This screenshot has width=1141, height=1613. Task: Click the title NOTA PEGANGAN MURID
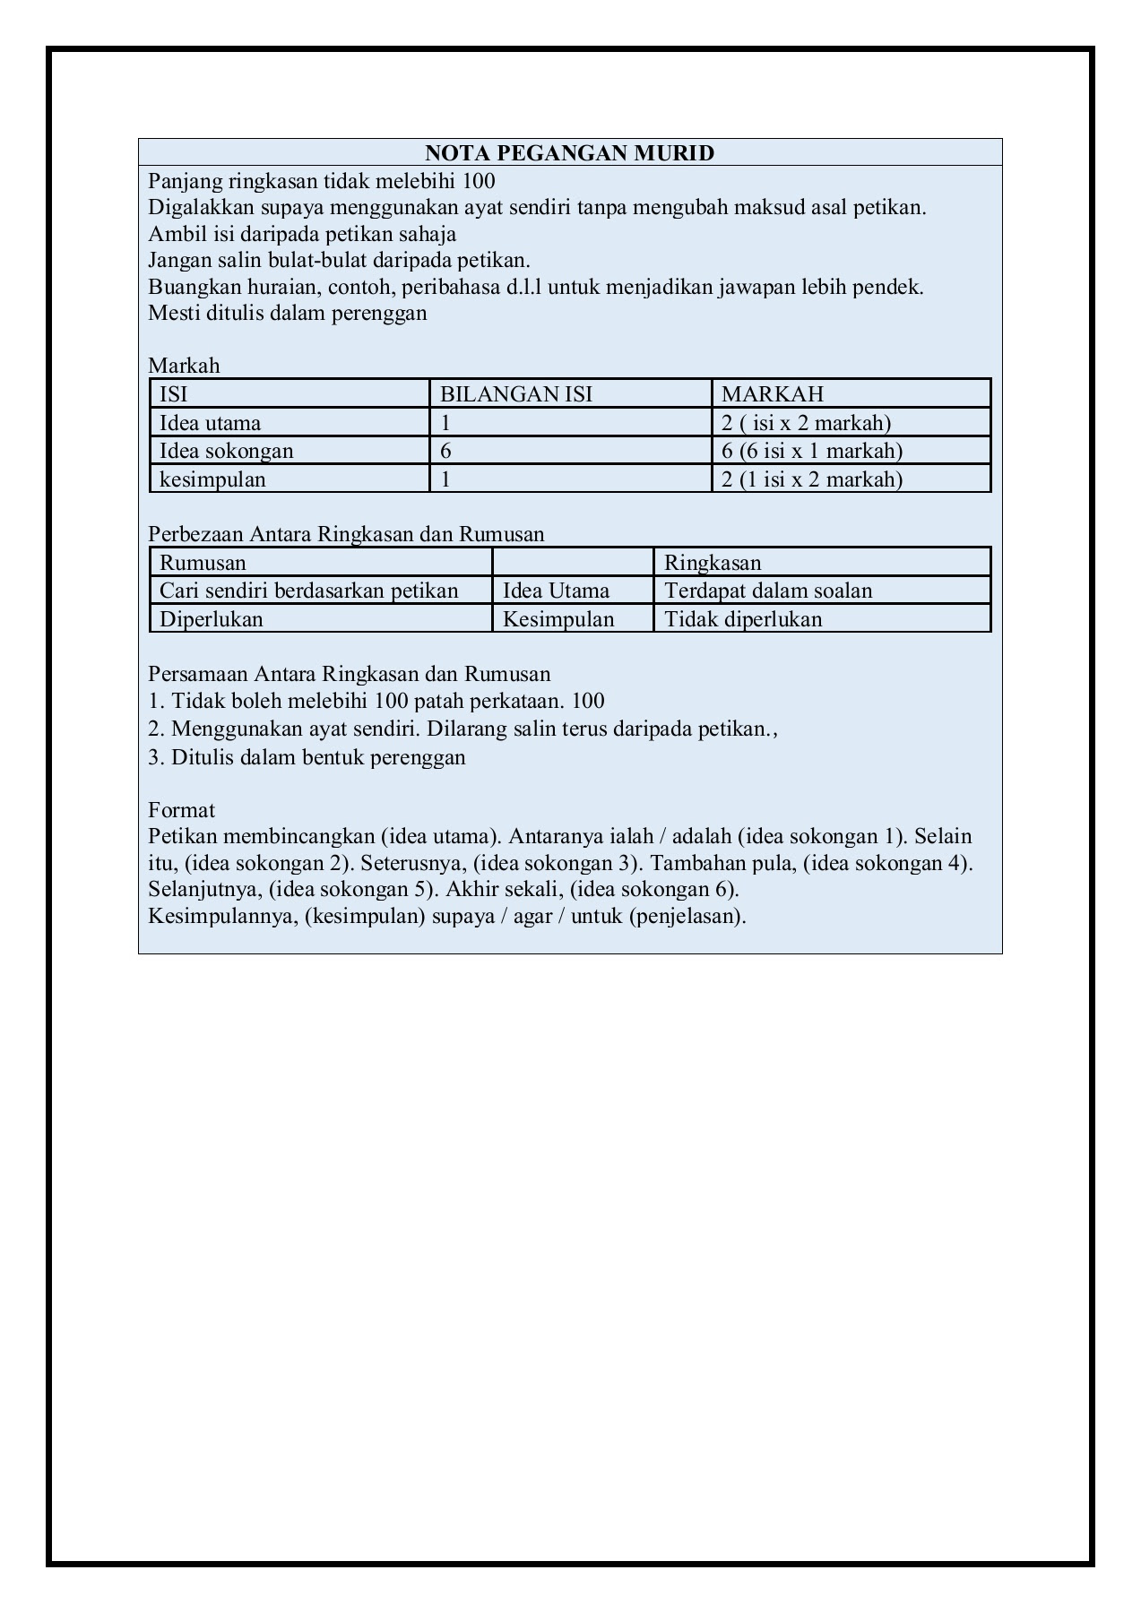pyautogui.click(x=569, y=153)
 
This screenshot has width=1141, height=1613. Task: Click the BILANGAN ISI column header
pyautogui.click(x=516, y=394)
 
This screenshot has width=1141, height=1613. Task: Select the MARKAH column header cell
pyautogui.click(x=773, y=394)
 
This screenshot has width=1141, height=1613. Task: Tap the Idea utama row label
pyautogui.click(x=211, y=423)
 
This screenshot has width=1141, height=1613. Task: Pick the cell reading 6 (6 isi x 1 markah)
pyautogui.click(x=812, y=451)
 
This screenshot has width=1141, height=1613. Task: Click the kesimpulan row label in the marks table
pyautogui.click(x=212, y=479)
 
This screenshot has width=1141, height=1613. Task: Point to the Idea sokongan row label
pyautogui.click(x=227, y=451)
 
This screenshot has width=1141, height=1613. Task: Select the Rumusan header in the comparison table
pyautogui.click(x=203, y=563)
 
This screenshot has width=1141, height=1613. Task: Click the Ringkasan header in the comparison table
pyautogui.click(x=713, y=563)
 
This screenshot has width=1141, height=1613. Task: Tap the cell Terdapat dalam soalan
pyautogui.click(x=768, y=591)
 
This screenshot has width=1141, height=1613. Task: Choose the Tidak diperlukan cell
pyautogui.click(x=743, y=619)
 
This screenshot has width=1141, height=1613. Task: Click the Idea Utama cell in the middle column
pyautogui.click(x=556, y=591)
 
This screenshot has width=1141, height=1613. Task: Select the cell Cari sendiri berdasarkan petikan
pyautogui.click(x=309, y=591)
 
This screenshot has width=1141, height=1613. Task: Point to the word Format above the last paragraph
pyautogui.click(x=181, y=810)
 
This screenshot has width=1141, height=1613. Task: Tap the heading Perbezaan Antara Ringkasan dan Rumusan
pyautogui.click(x=346, y=534)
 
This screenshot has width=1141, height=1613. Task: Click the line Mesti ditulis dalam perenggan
pyautogui.click(x=288, y=314)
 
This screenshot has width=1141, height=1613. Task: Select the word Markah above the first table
pyautogui.click(x=184, y=366)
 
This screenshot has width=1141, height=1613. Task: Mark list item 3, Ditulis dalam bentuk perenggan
pyautogui.click(x=307, y=757)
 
